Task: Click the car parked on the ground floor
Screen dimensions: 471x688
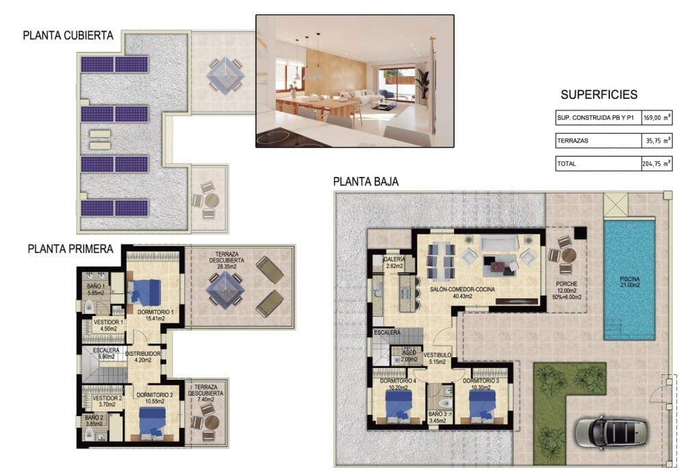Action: pos(607,431)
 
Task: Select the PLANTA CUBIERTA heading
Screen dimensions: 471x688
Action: pos(68,36)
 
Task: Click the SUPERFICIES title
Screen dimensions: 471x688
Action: pos(598,95)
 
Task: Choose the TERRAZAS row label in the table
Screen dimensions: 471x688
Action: pos(573,141)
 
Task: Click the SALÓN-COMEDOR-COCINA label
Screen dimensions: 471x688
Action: pos(463,289)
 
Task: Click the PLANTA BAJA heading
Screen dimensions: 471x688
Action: pos(366,182)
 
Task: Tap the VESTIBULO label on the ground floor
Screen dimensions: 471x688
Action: pos(437,354)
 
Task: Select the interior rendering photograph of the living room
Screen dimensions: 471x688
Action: pos(355,81)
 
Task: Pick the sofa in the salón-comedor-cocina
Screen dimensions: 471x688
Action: pos(498,245)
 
